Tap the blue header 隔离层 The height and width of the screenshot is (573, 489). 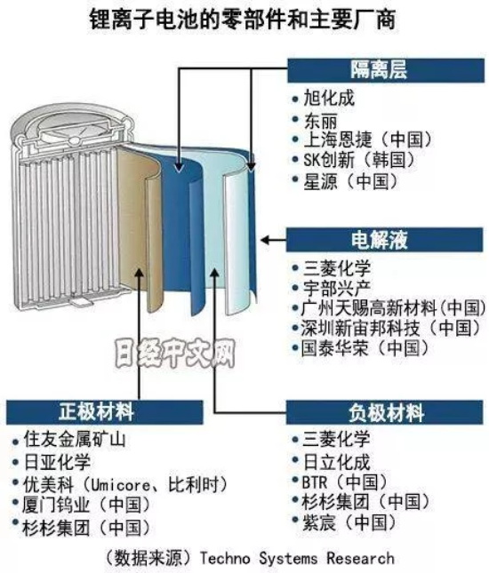click(386, 70)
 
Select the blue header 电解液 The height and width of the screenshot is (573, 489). click(384, 240)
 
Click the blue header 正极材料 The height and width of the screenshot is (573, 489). click(105, 412)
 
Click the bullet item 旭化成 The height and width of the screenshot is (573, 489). click(329, 99)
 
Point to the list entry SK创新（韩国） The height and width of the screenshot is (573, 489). click(359, 160)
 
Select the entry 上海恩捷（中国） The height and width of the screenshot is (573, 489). click(368, 139)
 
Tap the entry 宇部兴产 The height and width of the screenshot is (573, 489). click(336, 289)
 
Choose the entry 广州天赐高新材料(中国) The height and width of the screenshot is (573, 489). click(393, 308)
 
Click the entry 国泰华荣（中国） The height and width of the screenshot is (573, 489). click(365, 348)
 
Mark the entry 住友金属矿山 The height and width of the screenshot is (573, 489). click(75, 439)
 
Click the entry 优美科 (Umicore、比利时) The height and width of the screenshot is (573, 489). click(125, 484)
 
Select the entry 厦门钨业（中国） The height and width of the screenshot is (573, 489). click(86, 505)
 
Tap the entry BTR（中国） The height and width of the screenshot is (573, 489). click(345, 482)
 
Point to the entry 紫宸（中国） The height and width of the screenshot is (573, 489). click(349, 522)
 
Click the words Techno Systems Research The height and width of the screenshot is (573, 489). click(297, 558)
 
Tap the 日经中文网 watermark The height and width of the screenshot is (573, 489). click(175, 354)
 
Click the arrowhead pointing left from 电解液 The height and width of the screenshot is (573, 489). click(265, 240)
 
